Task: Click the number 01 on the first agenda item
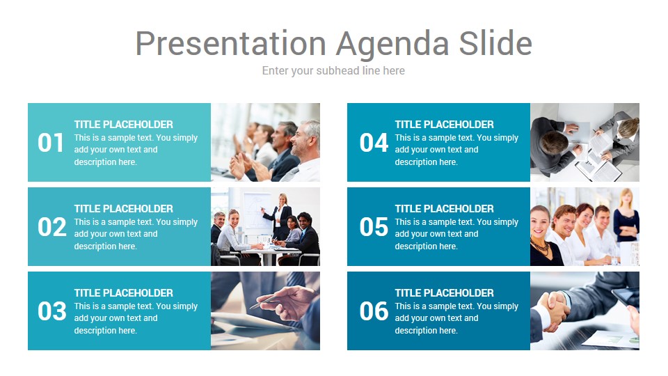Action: pos(50,143)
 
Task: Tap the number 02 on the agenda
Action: pos(52,227)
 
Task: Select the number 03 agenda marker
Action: pos(52,311)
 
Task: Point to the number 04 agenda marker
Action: pos(374,143)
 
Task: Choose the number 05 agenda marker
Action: pos(374,227)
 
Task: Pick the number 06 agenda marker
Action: pos(374,311)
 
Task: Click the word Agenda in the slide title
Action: pos(392,45)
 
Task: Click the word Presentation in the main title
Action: pos(231,43)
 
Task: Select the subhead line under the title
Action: pos(333,71)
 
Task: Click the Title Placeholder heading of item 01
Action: pos(124,125)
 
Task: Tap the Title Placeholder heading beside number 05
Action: pos(445,208)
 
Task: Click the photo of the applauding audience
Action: pos(265,142)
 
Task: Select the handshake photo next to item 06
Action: pos(585,311)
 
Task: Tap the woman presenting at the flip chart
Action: pos(280,217)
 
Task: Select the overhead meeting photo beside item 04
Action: pos(585,142)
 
